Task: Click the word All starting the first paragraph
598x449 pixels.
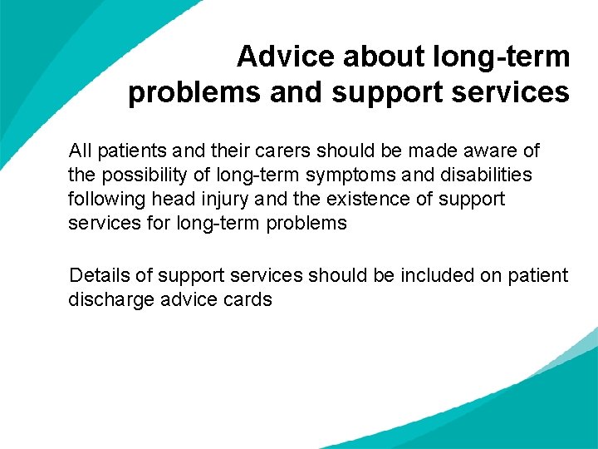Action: (x=81, y=151)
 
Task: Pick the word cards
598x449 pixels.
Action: (x=248, y=299)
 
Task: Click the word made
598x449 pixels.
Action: (x=424, y=151)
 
